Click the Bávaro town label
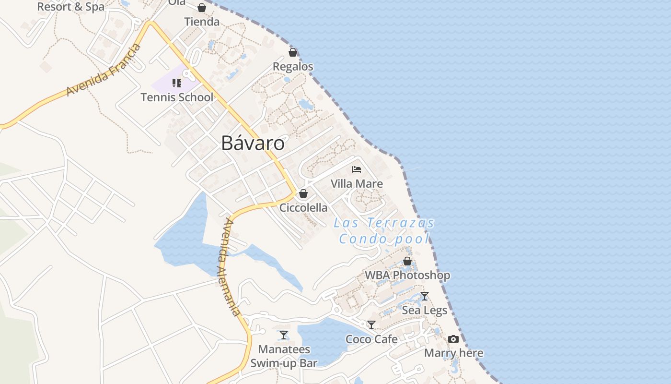[253, 143]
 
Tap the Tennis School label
[177, 97]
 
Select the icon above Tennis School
[177, 83]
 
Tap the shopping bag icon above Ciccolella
[303, 193]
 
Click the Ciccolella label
[303, 208]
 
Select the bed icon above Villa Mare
[357, 169]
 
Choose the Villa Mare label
[357, 184]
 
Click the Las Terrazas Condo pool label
[384, 231]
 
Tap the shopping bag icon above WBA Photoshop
[407, 261]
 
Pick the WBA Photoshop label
[407, 276]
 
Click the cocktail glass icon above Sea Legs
[424, 296]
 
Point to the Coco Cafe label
[371, 339]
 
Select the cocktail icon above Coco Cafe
[371, 325]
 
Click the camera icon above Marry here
[453, 339]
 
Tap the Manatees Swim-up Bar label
[284, 356]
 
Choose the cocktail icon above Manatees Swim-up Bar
[284, 335]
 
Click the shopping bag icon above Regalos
[293, 52]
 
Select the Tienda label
[202, 22]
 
